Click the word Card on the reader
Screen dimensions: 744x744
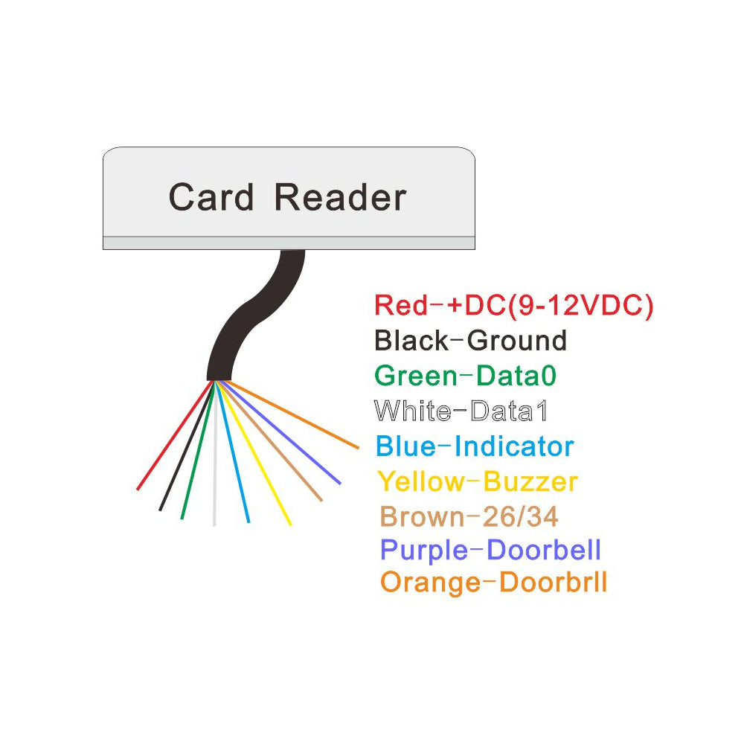point(211,198)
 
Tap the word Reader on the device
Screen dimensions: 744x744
point(340,198)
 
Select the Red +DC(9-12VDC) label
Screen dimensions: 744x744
point(513,306)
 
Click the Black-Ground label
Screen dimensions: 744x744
point(470,341)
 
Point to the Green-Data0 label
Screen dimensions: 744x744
point(465,376)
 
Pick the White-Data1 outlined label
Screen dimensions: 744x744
point(465,411)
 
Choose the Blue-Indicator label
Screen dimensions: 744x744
point(475,446)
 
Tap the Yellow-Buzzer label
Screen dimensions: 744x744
point(478,482)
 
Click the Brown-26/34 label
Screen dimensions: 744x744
point(469,516)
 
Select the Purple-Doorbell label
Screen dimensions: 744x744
point(490,551)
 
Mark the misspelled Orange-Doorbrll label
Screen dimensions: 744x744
point(493,582)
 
